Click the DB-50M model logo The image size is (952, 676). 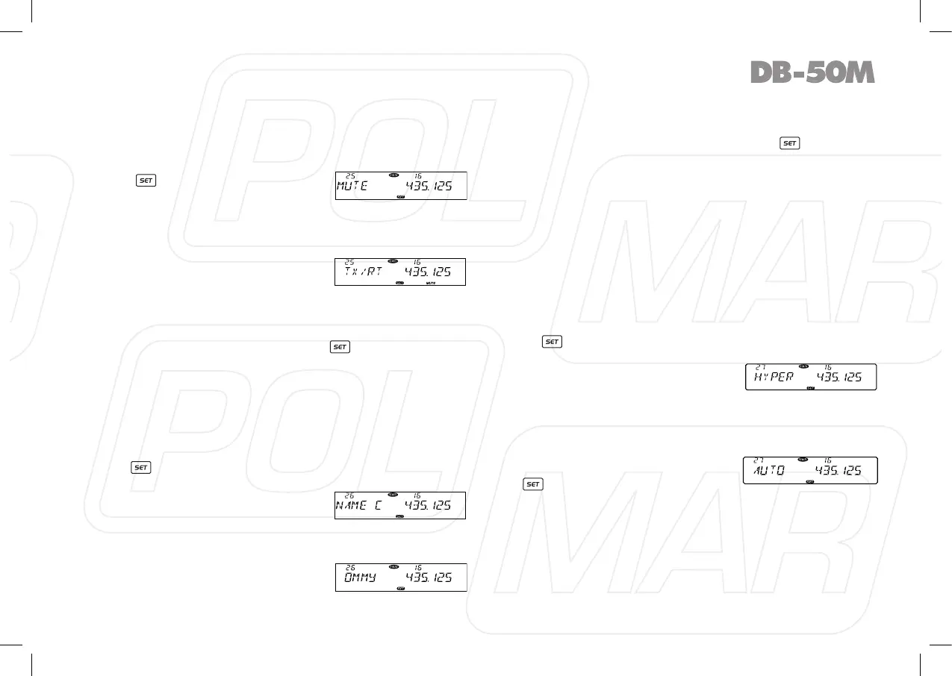[x=812, y=72]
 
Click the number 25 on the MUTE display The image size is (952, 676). [x=349, y=176]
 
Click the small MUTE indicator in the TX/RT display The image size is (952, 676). [x=430, y=284]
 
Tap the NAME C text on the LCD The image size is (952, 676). [x=359, y=505]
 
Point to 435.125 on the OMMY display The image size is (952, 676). [x=429, y=578]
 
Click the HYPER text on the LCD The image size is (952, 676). [x=773, y=377]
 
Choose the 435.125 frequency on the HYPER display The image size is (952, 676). [x=839, y=377]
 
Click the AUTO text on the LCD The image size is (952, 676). [x=768, y=470]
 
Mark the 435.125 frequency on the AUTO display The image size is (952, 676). [x=839, y=470]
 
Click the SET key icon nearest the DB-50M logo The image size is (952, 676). [x=789, y=143]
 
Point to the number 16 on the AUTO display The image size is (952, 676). [x=827, y=460]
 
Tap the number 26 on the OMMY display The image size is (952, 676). [x=349, y=568]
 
